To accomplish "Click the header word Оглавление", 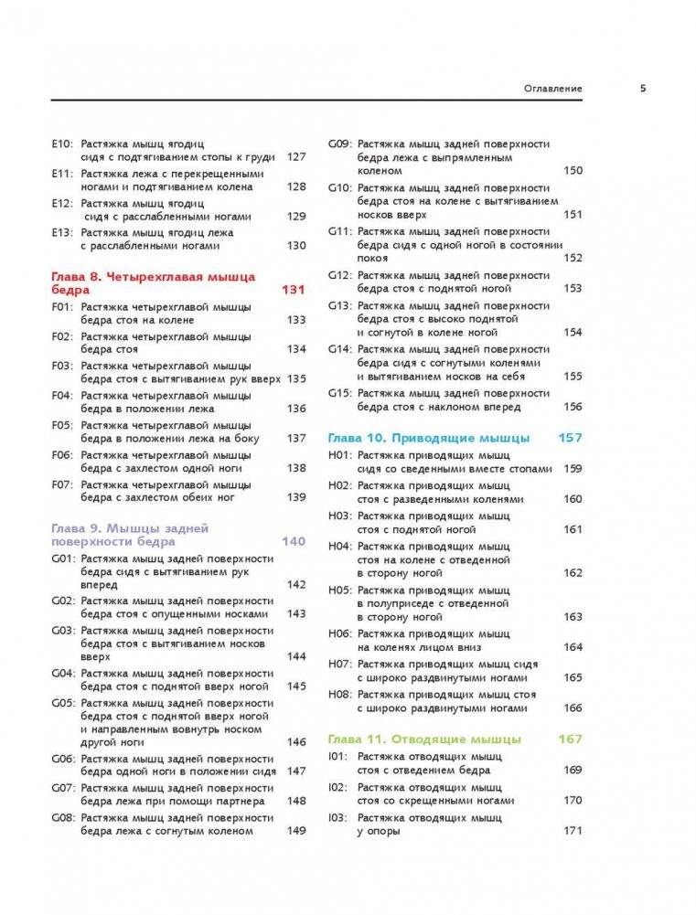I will point(552,89).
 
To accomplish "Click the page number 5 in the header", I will point(643,89).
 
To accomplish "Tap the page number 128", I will point(295,186).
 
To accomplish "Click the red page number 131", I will point(293,289).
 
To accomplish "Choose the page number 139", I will point(295,497).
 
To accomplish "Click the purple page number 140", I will point(293,541).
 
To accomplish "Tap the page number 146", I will point(295,742).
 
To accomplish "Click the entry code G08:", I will point(61,816).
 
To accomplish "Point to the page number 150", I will point(573,171).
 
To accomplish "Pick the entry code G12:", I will point(340,275).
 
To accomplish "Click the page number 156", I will point(573,407).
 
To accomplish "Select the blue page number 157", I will point(570,438).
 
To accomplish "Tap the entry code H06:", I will point(339,633).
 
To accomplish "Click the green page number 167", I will point(570,739).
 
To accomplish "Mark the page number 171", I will point(573,830).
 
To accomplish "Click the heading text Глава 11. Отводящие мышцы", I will point(424,739).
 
